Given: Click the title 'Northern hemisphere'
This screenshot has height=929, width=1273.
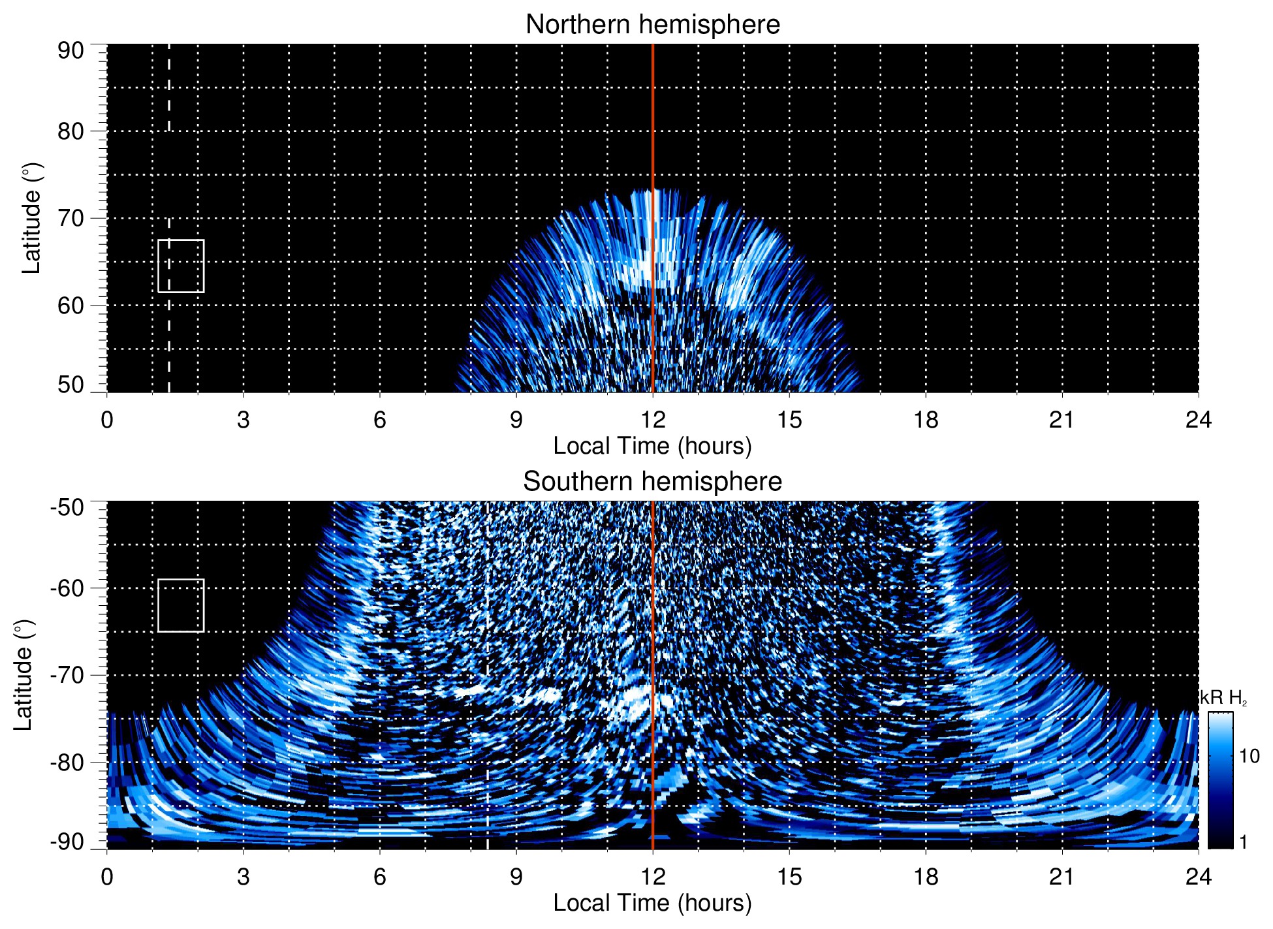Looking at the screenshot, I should pyautogui.click(x=652, y=25).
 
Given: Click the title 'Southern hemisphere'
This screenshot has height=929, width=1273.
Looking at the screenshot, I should pyautogui.click(x=652, y=482).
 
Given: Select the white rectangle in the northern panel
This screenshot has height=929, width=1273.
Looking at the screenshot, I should pyautogui.click(x=181, y=266).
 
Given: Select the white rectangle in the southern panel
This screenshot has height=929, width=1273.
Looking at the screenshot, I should pyautogui.click(x=181, y=605).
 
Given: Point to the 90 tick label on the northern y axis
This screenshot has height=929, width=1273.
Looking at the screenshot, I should pyautogui.click(x=71, y=51).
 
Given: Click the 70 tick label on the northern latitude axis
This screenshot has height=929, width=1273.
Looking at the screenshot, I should pyautogui.click(x=71, y=219).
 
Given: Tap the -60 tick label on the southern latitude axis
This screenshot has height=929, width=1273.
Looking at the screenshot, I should pyautogui.click(x=67, y=588).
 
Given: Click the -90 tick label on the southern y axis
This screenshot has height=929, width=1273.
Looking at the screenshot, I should pyautogui.click(x=67, y=842).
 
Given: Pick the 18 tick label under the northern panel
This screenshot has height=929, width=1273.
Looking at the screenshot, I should pyautogui.click(x=925, y=420).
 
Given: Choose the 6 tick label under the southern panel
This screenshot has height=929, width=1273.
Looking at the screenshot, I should pyautogui.click(x=380, y=877).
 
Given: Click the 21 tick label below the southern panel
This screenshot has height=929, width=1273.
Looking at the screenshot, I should pyautogui.click(x=1061, y=877).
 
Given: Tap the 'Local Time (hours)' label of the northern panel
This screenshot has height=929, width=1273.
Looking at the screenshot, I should pyautogui.click(x=652, y=447).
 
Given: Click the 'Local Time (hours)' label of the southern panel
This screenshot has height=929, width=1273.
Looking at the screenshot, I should pyautogui.click(x=652, y=904).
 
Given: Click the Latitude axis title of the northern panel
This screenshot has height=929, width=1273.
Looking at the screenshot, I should pyautogui.click(x=31, y=219).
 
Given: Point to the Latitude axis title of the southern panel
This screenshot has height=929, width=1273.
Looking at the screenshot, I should pyautogui.click(x=24, y=676).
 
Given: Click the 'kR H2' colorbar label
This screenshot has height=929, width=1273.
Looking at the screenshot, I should pyautogui.click(x=1225, y=699).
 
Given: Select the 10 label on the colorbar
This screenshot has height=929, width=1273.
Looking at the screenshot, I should pyautogui.click(x=1249, y=757).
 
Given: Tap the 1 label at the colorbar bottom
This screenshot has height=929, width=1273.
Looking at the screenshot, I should pyautogui.click(x=1243, y=842).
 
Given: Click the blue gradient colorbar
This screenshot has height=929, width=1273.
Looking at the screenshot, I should pyautogui.click(x=1220, y=780).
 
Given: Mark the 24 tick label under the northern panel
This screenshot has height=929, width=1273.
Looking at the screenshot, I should pyautogui.click(x=1198, y=420).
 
